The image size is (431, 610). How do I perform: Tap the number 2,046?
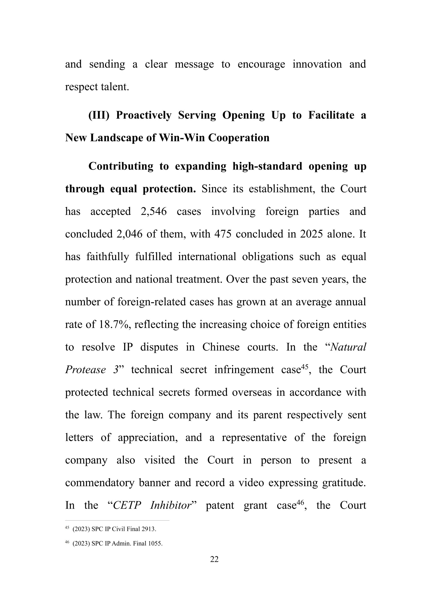click(x=129, y=234)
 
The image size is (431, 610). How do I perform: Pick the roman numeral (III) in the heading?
click(x=99, y=115)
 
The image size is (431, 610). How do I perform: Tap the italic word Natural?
click(x=348, y=347)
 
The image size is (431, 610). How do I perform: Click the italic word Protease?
click(x=86, y=370)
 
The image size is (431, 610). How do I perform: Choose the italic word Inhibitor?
click(x=171, y=505)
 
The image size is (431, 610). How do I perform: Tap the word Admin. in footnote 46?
click(x=121, y=543)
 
